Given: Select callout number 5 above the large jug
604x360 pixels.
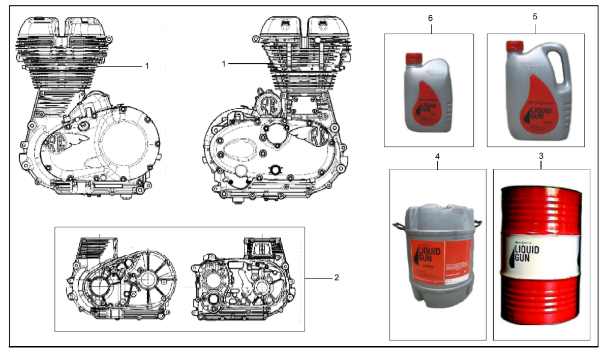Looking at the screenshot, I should [x=534, y=17].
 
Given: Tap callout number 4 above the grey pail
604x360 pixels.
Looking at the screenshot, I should [x=437, y=156].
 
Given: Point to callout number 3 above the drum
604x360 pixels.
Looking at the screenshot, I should [x=540, y=156].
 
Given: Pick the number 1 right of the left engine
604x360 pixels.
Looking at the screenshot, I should [x=147, y=66].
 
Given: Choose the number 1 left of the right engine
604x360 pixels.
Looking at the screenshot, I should [x=223, y=64].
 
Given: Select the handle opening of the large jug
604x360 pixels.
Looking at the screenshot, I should [x=564, y=69].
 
